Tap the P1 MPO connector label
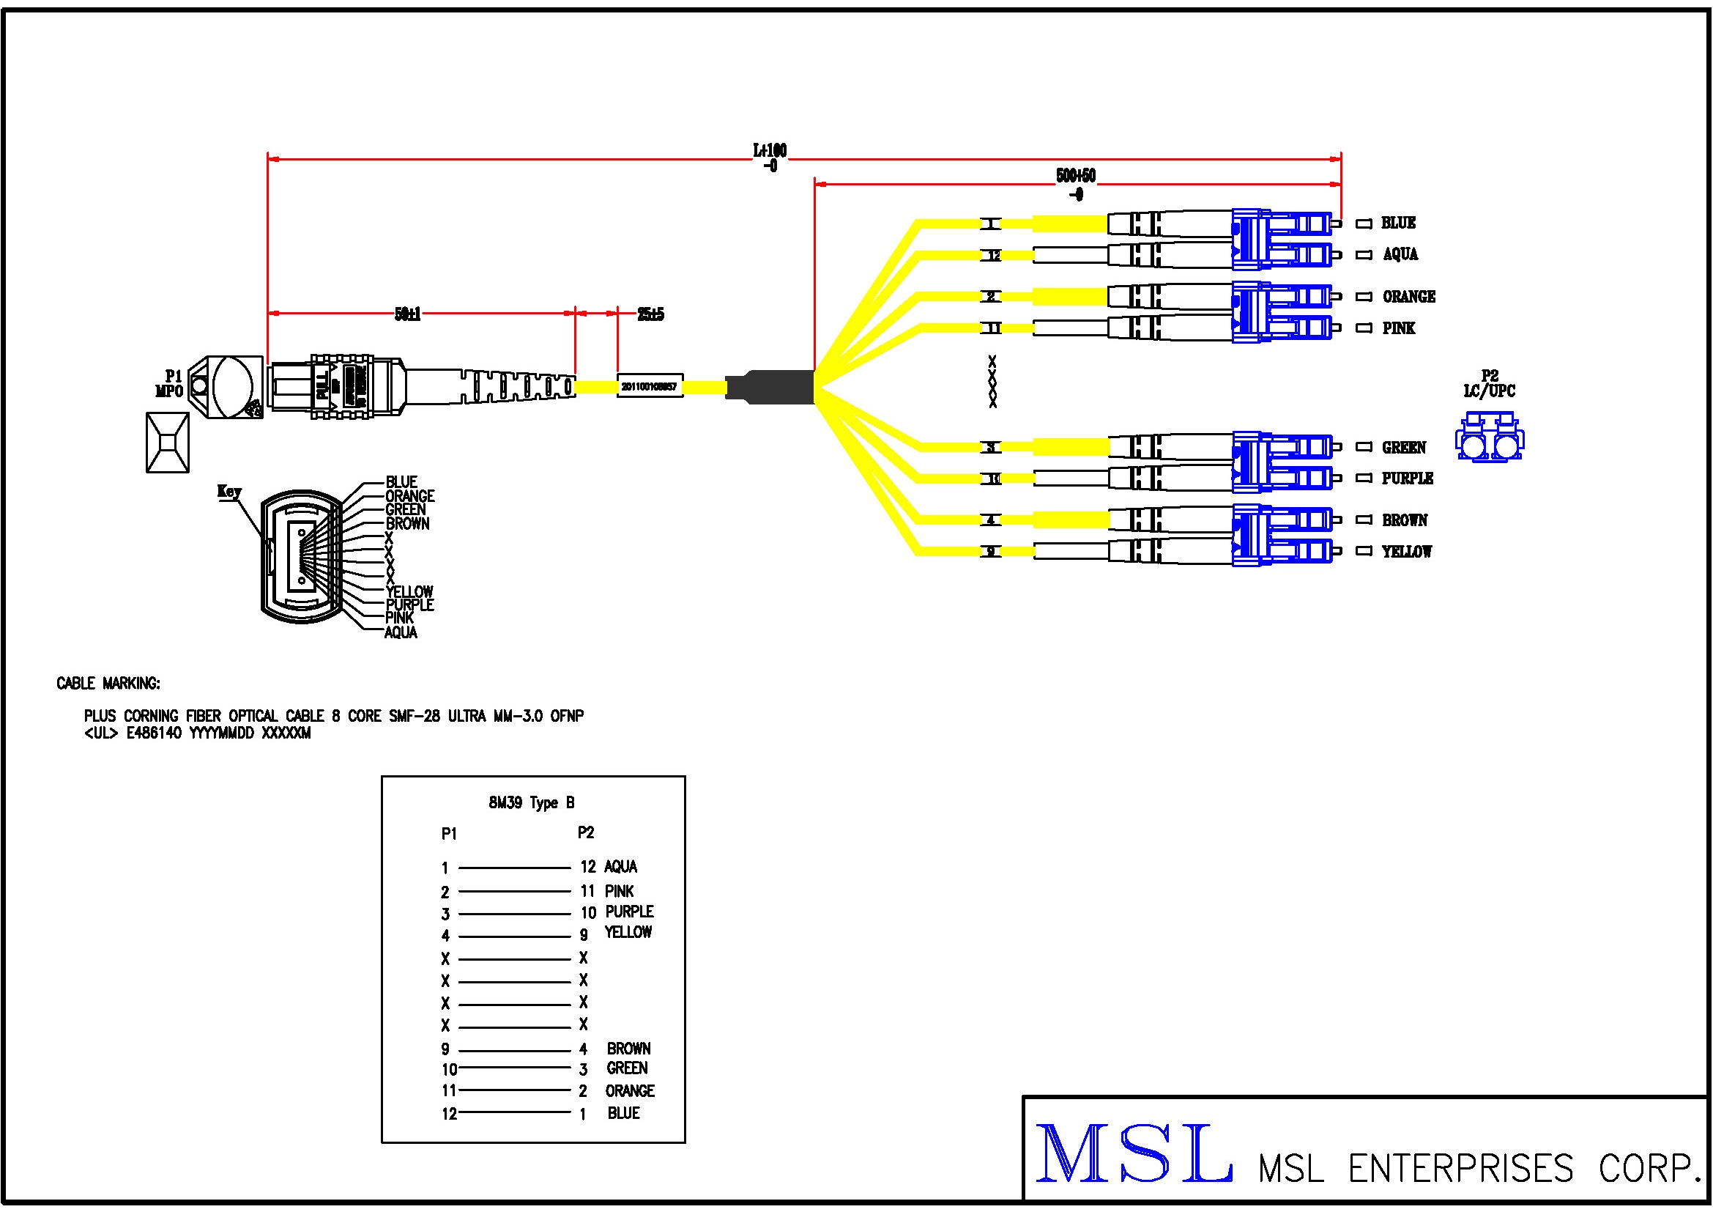click(x=170, y=383)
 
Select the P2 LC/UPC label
click(x=1489, y=383)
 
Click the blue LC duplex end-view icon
click(x=1489, y=439)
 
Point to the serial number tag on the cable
click(x=649, y=387)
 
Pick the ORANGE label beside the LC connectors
click(x=1408, y=297)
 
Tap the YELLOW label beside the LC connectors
click(x=1406, y=552)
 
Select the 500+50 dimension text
click(x=1076, y=176)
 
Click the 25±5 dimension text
click(x=650, y=314)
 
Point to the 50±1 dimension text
click(x=407, y=314)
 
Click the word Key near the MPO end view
click(x=229, y=491)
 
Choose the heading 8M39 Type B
click(x=531, y=803)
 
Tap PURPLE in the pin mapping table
click(x=629, y=912)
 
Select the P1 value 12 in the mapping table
click(x=449, y=1115)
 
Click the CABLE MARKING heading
click(x=108, y=684)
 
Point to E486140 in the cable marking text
click(x=154, y=733)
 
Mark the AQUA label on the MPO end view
click(x=401, y=633)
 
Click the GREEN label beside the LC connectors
click(x=1403, y=448)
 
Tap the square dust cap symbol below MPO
click(x=168, y=443)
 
